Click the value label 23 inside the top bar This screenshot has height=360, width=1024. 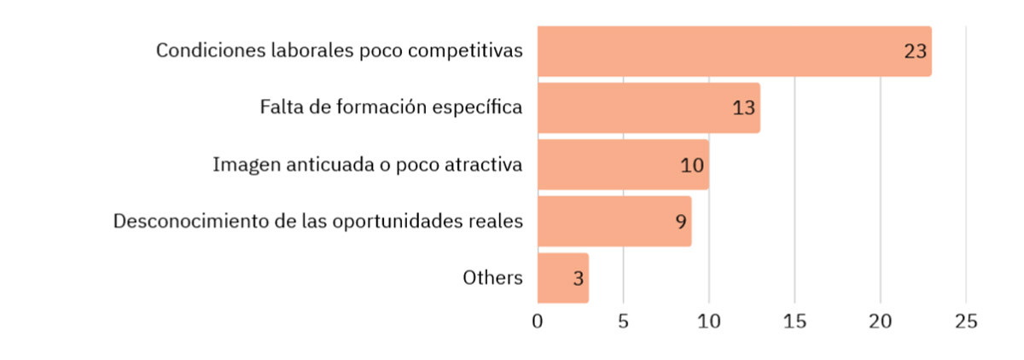pyautogui.click(x=915, y=51)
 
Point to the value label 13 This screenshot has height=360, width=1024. pyautogui.click(x=743, y=108)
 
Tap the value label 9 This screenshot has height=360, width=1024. pyautogui.click(x=681, y=222)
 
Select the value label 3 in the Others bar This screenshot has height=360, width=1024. pyautogui.click(x=579, y=279)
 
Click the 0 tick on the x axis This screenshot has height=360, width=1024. pyautogui.click(x=538, y=322)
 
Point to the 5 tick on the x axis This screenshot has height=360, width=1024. pyautogui.click(x=623, y=322)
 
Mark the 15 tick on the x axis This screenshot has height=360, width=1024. pyautogui.click(x=794, y=322)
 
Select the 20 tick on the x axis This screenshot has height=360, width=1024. pyautogui.click(x=880, y=322)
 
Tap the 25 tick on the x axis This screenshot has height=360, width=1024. pyautogui.click(x=966, y=322)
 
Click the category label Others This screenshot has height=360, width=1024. pyautogui.click(x=492, y=277)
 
